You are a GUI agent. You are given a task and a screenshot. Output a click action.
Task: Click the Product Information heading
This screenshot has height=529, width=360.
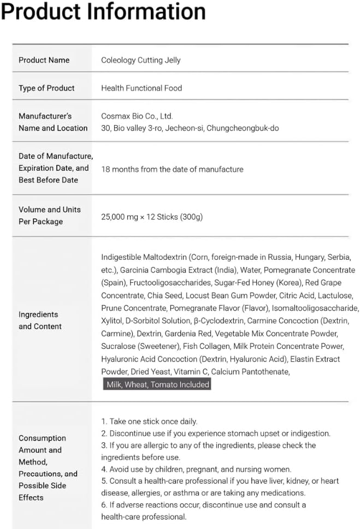click(x=103, y=11)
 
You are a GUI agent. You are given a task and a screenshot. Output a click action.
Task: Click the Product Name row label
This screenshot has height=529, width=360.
click(x=44, y=60)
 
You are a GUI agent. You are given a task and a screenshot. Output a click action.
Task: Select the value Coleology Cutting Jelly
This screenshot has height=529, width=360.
click(x=141, y=60)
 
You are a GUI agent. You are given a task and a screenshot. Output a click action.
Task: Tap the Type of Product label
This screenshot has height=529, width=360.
click(x=46, y=88)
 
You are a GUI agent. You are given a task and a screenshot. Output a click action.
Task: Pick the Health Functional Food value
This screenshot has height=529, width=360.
click(x=141, y=88)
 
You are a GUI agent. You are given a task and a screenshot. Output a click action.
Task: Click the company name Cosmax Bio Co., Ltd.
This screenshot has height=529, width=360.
click(x=137, y=116)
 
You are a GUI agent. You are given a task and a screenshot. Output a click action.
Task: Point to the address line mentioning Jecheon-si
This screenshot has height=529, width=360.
click(x=192, y=128)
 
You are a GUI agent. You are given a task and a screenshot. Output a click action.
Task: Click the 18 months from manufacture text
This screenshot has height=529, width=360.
click(x=172, y=169)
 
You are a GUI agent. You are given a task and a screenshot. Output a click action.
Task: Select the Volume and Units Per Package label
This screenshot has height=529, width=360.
click(x=49, y=215)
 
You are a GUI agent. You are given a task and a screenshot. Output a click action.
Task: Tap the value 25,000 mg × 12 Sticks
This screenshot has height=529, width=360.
click(x=152, y=217)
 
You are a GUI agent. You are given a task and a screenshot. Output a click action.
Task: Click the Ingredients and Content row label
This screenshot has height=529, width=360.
click(x=40, y=320)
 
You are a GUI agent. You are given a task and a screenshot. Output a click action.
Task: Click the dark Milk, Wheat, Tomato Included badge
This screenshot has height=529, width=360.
click(x=158, y=384)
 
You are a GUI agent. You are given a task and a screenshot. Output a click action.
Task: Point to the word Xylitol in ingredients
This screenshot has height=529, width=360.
click(x=112, y=321)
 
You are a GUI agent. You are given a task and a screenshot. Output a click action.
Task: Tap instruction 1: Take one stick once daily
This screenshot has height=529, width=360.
click(x=149, y=421)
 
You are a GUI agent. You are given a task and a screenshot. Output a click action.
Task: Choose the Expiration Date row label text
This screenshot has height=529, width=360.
click(x=53, y=168)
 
